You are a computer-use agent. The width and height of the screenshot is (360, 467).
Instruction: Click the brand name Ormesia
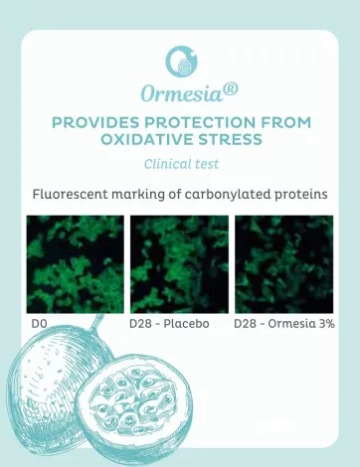pos(175,94)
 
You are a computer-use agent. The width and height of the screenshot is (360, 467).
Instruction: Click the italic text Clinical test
pos(180,163)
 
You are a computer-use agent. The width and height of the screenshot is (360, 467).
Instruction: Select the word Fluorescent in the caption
pos(75,194)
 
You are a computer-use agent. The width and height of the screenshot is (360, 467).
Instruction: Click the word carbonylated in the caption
pos(225,194)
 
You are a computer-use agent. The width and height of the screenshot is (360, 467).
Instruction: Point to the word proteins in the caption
pos(297,194)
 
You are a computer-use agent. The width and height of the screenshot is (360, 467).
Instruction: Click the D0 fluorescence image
pos(75,263)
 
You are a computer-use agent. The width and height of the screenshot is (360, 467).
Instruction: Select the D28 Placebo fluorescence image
pos(179,263)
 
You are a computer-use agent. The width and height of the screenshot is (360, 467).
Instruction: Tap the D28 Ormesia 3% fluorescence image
pos(283,263)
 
